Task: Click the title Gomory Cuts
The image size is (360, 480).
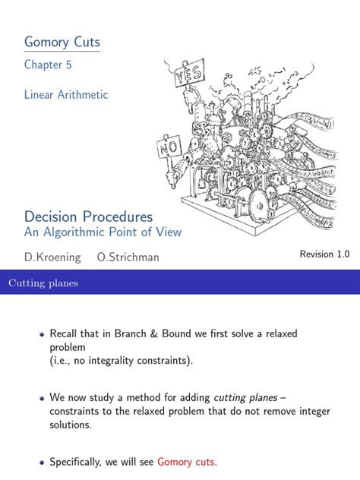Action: coord(62,43)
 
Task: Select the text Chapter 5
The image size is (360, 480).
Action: coord(48,65)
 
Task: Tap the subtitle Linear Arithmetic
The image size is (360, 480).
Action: coord(66,95)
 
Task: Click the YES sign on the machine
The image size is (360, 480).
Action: coord(189,74)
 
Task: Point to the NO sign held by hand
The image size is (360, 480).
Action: coord(169,148)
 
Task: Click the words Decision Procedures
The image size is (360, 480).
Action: coord(88,216)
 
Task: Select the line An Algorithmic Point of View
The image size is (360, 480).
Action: coord(103,232)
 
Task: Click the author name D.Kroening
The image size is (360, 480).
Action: coord(52,257)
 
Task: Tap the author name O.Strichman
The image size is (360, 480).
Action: coord(128,257)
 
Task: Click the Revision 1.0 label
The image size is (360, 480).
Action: coord(324,254)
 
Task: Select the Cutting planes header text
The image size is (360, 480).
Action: coord(43,283)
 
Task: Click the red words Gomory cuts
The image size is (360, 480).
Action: coord(186,462)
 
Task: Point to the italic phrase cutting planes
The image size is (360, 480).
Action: coord(245,397)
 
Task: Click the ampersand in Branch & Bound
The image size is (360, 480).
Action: coord(153,333)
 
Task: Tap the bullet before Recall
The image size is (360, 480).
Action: coord(42,334)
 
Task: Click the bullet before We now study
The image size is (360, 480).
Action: coord(42,399)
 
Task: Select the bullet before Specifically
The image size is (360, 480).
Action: coord(42,463)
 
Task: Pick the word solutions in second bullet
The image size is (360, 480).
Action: coord(71,425)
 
